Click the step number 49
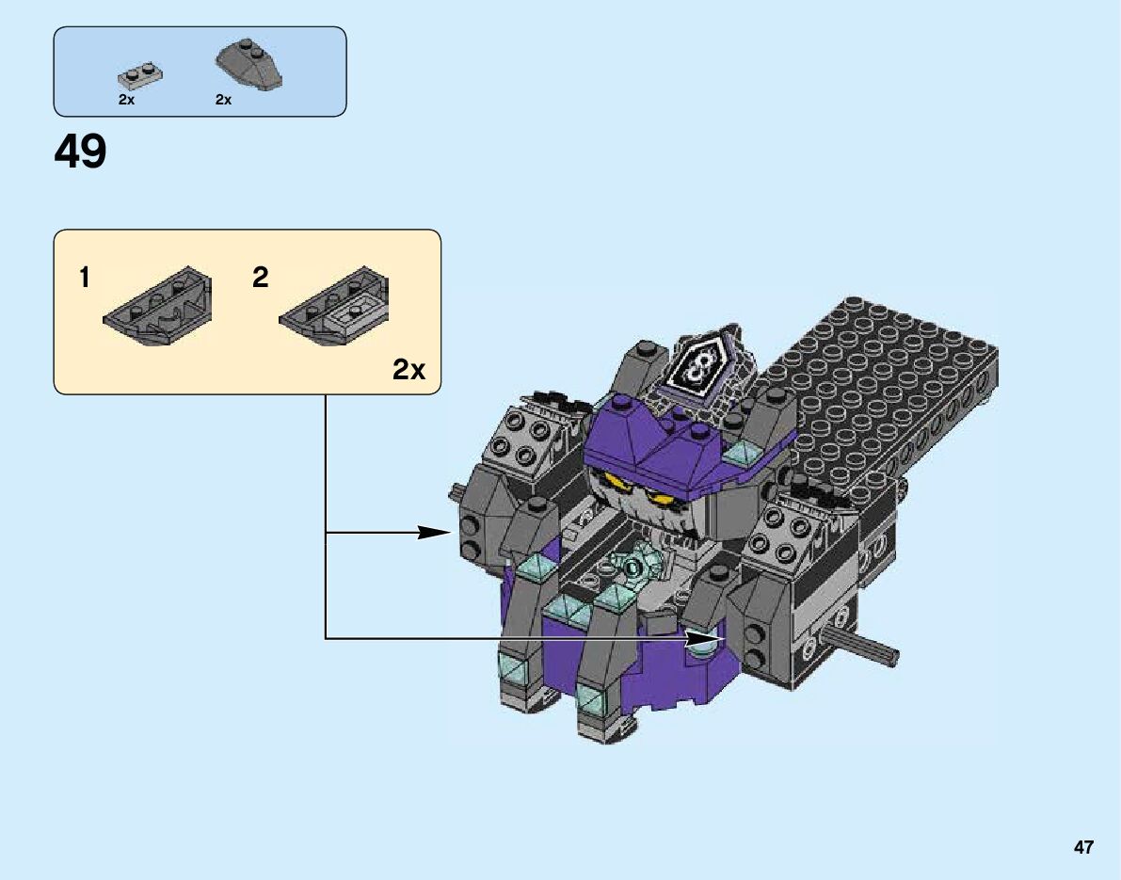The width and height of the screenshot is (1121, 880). click(81, 152)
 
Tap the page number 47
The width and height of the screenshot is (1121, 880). click(1083, 847)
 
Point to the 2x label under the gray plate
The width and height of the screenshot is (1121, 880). click(127, 100)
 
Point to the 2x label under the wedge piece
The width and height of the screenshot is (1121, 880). click(223, 100)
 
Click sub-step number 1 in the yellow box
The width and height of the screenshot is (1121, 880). click(85, 278)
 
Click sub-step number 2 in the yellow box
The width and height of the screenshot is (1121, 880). click(261, 278)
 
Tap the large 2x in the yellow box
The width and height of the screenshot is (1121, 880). click(408, 370)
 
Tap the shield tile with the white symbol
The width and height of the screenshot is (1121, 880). click(697, 367)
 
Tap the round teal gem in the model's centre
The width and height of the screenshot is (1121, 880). click(633, 567)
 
